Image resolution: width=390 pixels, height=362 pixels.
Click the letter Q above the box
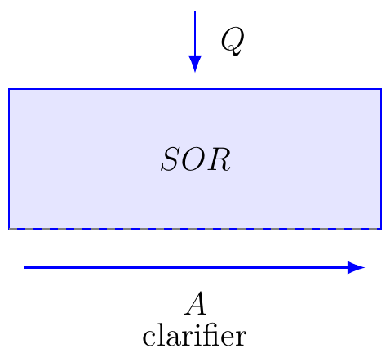232,42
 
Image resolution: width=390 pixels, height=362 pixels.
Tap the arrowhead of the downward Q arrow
195,64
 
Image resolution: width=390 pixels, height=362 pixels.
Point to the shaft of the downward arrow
195,34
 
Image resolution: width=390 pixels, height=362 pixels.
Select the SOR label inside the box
196,159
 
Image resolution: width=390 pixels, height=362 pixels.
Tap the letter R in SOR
219,159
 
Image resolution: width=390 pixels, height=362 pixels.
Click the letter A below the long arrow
195,303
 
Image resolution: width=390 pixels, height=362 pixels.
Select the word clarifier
194,335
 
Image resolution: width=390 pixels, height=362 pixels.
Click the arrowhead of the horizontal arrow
356,267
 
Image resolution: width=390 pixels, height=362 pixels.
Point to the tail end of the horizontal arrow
24,268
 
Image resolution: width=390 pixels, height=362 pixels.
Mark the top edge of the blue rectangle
195,89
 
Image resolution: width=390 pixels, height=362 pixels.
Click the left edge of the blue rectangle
9,159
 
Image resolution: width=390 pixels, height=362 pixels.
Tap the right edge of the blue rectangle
381,159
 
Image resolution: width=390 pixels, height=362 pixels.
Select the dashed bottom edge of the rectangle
195,229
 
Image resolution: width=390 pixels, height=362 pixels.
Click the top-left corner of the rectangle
9,89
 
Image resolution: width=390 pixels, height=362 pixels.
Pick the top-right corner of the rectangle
381,89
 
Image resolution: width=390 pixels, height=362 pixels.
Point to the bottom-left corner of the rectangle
9,229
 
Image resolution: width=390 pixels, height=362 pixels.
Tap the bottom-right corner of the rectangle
381,229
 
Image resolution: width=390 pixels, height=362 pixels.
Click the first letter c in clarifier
149,338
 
